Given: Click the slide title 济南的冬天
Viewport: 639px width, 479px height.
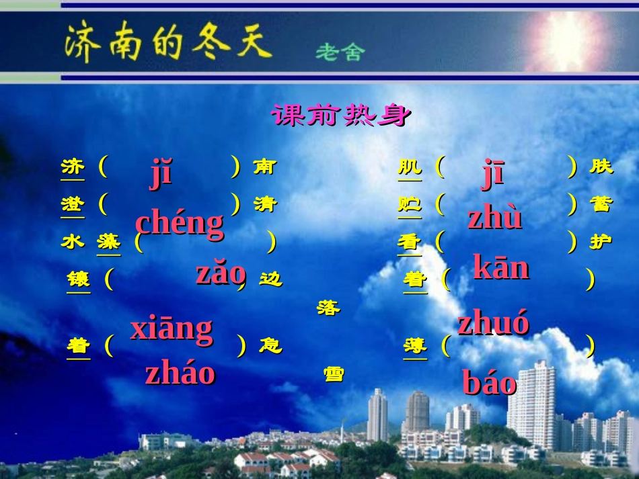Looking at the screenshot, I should (x=167, y=42).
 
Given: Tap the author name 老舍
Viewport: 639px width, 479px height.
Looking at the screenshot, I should (x=340, y=52).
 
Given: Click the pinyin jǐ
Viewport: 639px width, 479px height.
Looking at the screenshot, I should (x=161, y=173).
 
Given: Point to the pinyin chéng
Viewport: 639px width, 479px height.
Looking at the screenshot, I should (x=179, y=222).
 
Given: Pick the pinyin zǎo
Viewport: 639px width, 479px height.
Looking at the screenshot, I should (x=220, y=273).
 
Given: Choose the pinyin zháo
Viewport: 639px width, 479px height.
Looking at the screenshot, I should (x=180, y=372).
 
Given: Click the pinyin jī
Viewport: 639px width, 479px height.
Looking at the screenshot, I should (x=493, y=173).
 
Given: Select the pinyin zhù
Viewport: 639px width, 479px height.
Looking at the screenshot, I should (x=495, y=218).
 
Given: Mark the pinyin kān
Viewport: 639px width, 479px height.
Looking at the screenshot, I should (x=501, y=267).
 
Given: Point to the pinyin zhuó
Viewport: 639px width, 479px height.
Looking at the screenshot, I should (x=493, y=323).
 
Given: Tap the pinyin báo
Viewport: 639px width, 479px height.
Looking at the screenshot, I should (x=489, y=383).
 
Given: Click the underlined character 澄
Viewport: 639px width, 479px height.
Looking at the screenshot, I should (x=73, y=204).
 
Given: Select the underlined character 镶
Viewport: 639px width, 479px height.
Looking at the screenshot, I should (x=78, y=279).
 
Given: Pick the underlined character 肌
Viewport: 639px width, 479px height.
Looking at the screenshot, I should (x=410, y=166).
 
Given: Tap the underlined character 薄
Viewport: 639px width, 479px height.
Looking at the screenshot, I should (x=415, y=346).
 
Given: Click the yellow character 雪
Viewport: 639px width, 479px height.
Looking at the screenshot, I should (x=334, y=374).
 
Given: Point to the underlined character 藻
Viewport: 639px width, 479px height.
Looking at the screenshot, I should (x=108, y=241).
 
